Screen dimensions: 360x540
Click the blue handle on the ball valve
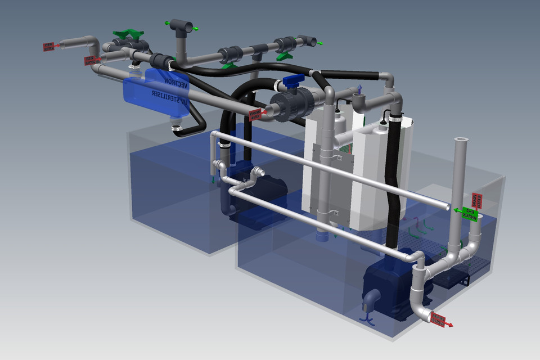pos(294,82)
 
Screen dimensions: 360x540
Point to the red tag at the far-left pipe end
pos(49,46)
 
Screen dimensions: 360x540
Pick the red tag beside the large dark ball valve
pos(256,115)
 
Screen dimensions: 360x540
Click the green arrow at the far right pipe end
pos(319,43)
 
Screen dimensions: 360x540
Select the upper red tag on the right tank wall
pos(476,199)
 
